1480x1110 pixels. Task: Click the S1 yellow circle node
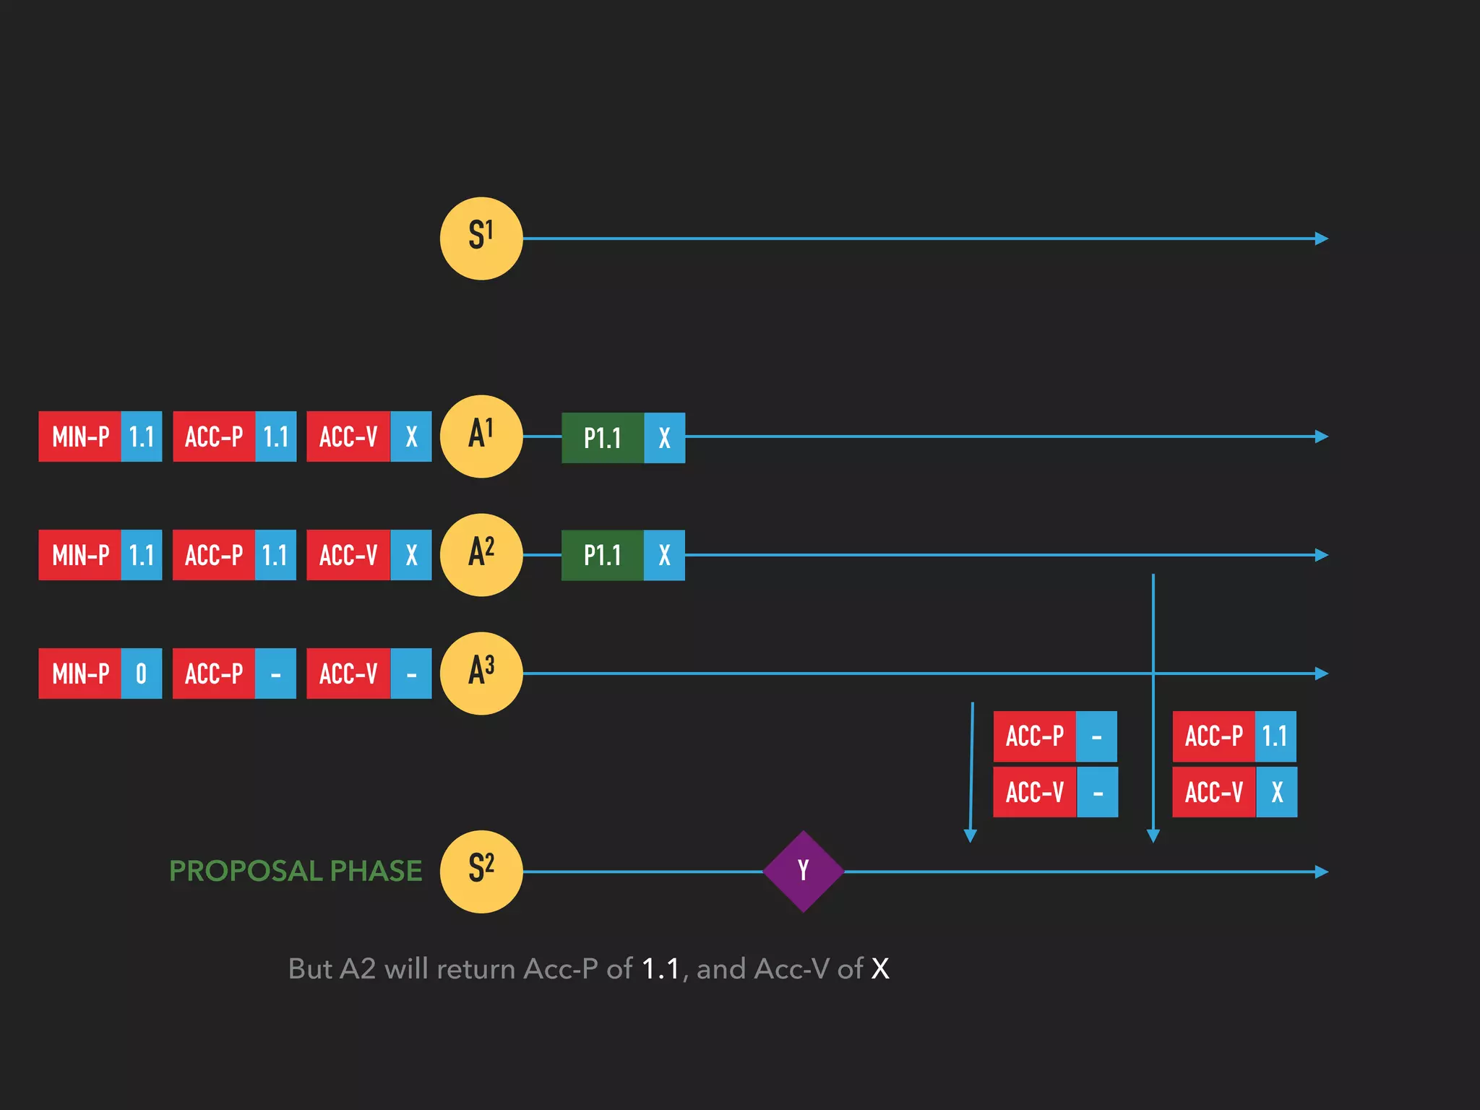click(x=481, y=238)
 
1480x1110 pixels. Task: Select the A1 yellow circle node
click(x=481, y=436)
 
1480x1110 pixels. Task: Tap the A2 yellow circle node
click(x=481, y=555)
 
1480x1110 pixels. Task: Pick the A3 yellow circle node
click(x=481, y=674)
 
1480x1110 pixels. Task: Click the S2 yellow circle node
click(x=481, y=872)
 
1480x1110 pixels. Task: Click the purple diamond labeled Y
click(x=804, y=872)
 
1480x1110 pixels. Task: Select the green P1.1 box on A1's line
click(x=603, y=438)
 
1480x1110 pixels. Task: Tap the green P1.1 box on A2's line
click(x=603, y=556)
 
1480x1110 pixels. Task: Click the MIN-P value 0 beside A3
click(x=141, y=674)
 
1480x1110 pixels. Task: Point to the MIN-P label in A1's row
click(x=80, y=436)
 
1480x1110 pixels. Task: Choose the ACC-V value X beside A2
click(x=411, y=555)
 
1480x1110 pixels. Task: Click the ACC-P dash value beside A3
click(x=275, y=674)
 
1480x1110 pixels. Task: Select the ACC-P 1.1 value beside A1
click(x=275, y=436)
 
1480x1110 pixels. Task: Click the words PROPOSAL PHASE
click(x=296, y=871)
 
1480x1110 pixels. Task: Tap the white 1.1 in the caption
click(x=661, y=969)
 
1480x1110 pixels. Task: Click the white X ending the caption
click(x=880, y=969)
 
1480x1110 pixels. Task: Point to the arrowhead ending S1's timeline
click(x=1322, y=238)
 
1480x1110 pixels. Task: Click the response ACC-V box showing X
click(x=1234, y=793)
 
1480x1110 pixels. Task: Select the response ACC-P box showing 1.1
click(x=1234, y=736)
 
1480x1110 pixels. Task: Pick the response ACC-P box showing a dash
click(x=1055, y=736)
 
